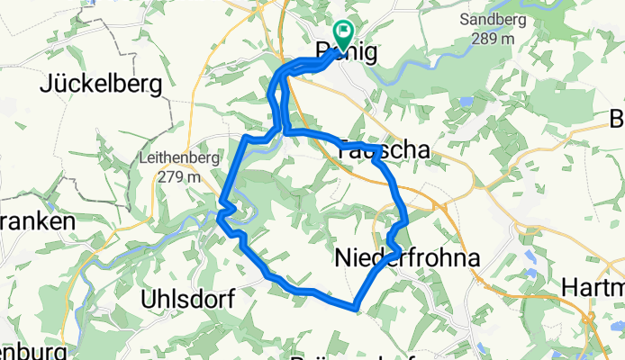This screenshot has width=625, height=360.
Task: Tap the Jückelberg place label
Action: [101, 85]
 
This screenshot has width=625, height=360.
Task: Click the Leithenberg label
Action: [180, 157]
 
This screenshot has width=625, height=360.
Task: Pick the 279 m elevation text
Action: [181, 177]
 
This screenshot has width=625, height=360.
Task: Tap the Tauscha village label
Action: [379, 153]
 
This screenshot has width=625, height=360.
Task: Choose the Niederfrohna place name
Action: [407, 259]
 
